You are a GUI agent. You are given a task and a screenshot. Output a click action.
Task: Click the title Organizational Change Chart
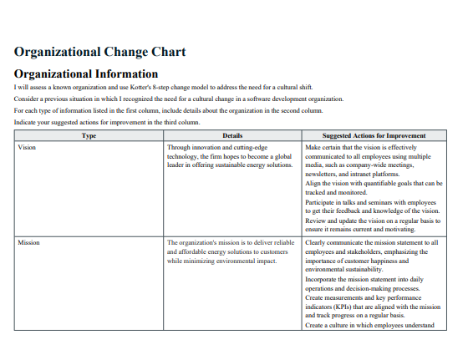(x=99, y=52)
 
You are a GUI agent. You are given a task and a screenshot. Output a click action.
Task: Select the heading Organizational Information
(x=86, y=74)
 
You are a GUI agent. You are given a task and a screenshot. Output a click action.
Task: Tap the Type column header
(x=89, y=135)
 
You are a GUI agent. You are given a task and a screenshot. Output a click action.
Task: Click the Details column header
(x=233, y=135)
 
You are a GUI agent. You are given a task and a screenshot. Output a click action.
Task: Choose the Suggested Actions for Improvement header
(x=374, y=135)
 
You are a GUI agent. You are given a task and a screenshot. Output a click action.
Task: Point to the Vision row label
(x=27, y=146)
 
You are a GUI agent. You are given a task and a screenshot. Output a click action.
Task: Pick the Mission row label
(x=28, y=242)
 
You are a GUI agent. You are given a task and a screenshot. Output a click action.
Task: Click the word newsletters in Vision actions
(x=323, y=174)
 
